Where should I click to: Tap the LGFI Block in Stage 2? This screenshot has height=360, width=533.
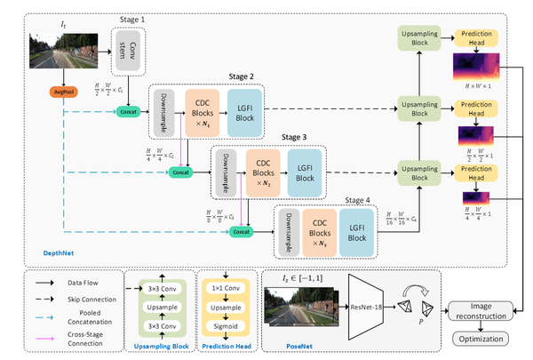246,115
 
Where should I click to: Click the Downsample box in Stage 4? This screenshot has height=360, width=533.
284,228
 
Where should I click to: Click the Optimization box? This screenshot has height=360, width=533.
481,339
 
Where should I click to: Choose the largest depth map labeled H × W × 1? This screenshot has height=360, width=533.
477,66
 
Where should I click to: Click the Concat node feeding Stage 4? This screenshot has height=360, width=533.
239,231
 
